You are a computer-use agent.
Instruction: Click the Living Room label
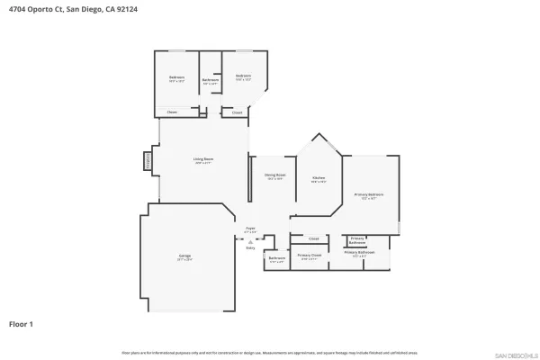(x=202, y=160)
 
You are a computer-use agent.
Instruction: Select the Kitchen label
(x=319, y=178)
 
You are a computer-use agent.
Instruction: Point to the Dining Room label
(x=274, y=175)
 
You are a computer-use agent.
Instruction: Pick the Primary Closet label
(x=309, y=256)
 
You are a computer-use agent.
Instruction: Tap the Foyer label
(x=250, y=229)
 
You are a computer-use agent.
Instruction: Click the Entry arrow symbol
(x=250, y=242)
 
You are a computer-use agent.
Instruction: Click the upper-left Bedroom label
(x=176, y=77)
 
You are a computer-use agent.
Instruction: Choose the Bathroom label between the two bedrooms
(x=210, y=81)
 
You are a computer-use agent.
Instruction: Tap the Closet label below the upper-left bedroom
(x=172, y=112)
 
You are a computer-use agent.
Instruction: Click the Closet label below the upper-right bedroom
(x=238, y=112)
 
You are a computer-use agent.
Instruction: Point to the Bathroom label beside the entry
(x=276, y=259)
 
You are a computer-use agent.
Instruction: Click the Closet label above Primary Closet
(x=314, y=238)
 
